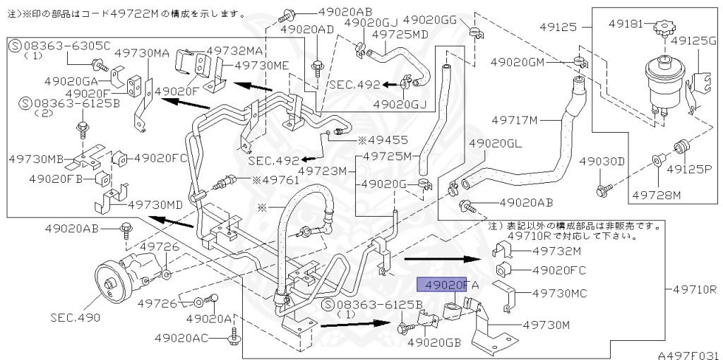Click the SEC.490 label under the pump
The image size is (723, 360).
pos(75,318)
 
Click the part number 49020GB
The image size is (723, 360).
pos(434,343)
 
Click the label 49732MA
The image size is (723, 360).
pos(234,51)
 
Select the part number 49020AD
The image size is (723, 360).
pos(306,29)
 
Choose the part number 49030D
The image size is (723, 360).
pos(602,162)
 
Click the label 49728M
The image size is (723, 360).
pos(656,193)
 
